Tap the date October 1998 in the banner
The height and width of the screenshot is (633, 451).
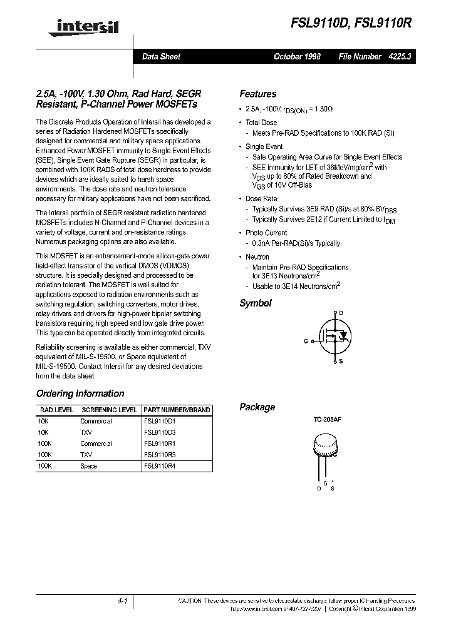pos(297,56)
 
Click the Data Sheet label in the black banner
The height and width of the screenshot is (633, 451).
pos(161,56)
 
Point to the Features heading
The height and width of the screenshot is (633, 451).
pos(257,94)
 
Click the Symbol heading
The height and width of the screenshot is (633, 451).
pos(256,303)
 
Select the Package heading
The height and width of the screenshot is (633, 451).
pos(257,407)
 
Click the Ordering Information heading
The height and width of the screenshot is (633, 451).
pos(80,393)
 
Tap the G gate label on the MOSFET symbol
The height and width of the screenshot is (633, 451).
pos(306,341)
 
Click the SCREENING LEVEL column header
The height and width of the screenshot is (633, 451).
pos(110,410)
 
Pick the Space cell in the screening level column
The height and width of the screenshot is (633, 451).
pos(88,466)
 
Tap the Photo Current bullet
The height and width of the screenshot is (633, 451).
pos(266,233)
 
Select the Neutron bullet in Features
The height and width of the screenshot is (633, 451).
pos(257,256)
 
